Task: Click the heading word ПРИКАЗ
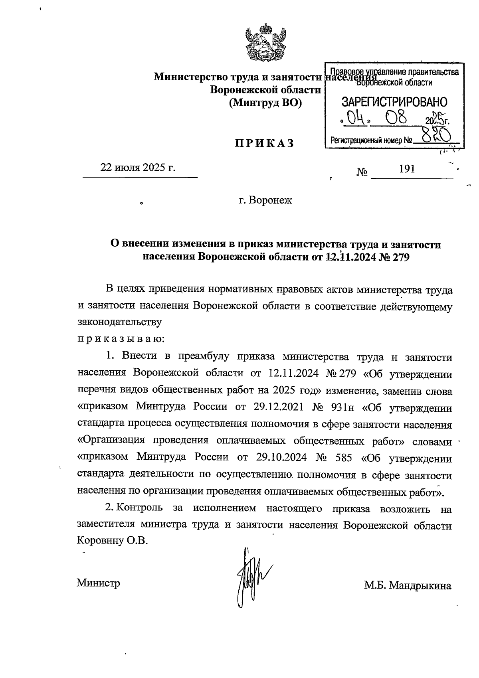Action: coord(264,143)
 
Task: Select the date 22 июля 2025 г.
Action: coord(138,168)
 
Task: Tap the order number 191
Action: coord(407,169)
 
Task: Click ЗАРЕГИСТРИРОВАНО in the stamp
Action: coord(394,102)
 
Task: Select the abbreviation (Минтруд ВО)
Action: coord(265,103)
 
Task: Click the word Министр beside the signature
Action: coord(98,583)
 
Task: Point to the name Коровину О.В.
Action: coord(112,541)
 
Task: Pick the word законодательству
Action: coord(119,322)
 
